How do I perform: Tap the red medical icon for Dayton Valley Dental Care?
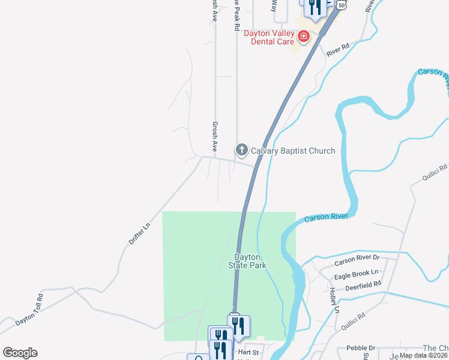pyautogui.click(x=304, y=36)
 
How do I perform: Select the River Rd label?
pyautogui.click(x=338, y=50)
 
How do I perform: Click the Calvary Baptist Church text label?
pyautogui.click(x=293, y=151)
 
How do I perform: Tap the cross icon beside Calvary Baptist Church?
pyautogui.click(x=241, y=149)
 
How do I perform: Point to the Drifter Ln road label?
pyautogui.click(x=139, y=233)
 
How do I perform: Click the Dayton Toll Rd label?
pyautogui.click(x=29, y=309)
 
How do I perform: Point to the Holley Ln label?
pyautogui.click(x=334, y=300)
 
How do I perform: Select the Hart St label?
pyautogui.click(x=248, y=352)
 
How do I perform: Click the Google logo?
pyautogui.click(x=20, y=353)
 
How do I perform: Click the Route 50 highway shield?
pyautogui.click(x=342, y=4)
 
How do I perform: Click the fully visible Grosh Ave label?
pyautogui.click(x=214, y=136)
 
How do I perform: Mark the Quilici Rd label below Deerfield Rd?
pyautogui.click(x=354, y=323)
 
